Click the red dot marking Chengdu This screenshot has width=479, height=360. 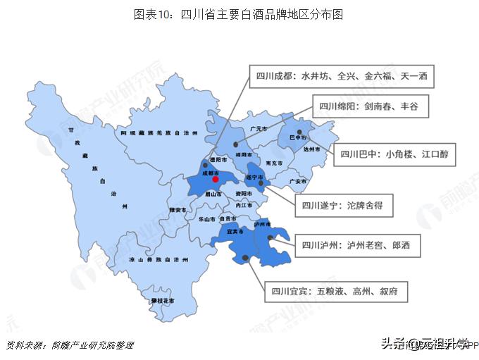click(x=216, y=179)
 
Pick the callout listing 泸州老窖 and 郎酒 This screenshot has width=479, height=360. click(x=356, y=246)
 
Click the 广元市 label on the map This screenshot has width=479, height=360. click(x=259, y=129)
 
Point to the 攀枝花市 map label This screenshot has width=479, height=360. click(x=163, y=300)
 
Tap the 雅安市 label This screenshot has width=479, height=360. click(x=178, y=210)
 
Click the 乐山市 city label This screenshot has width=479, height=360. click(x=206, y=220)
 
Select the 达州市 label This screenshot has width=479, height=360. click(x=311, y=149)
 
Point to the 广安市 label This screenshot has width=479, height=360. click(x=297, y=182)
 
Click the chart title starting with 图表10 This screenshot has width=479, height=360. click(x=239, y=13)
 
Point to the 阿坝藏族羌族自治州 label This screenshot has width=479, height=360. click(x=159, y=132)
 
